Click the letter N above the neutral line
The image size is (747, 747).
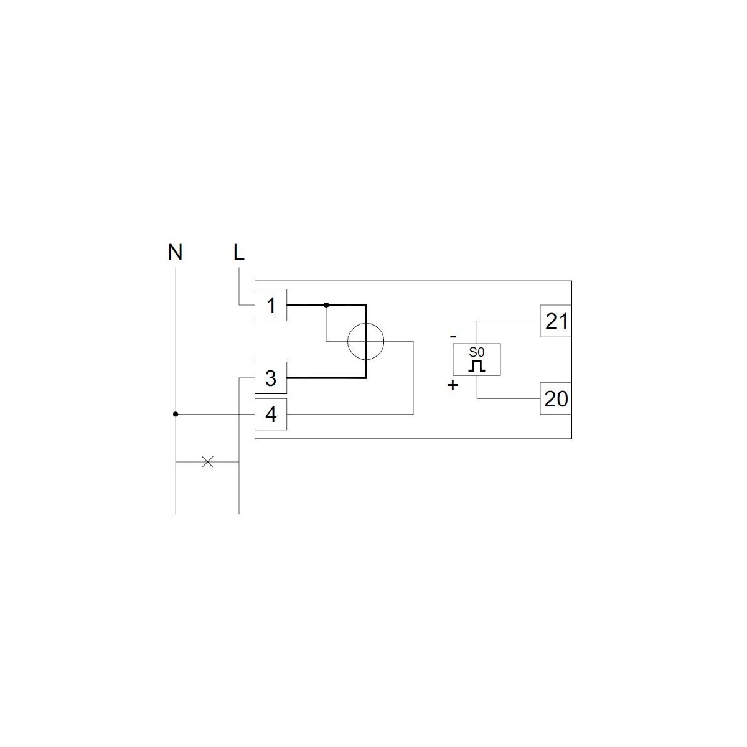[175, 252]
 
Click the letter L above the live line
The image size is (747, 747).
[239, 252]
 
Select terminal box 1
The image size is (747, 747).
[271, 305]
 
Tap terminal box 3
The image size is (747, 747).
[271, 378]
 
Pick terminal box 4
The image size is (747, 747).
[271, 415]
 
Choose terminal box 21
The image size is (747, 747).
[556, 321]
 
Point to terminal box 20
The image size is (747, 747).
[556, 398]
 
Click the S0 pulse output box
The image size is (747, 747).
[477, 359]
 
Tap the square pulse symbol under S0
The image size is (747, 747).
[477, 366]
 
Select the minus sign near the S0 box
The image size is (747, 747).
[453, 337]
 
